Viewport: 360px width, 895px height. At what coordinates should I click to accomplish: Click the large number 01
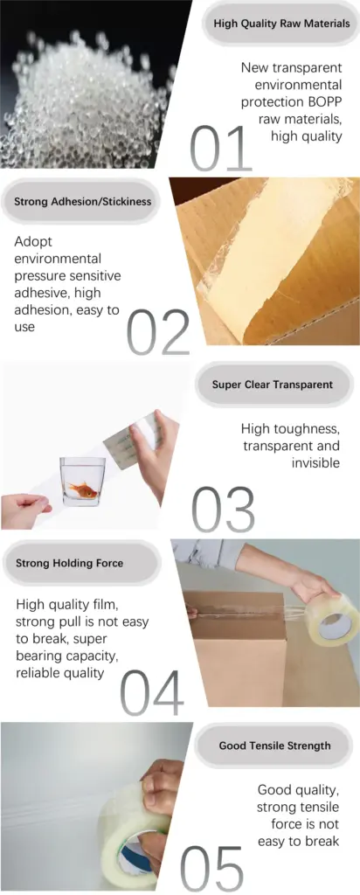point(221,149)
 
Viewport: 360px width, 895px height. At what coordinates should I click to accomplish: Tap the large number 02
point(158,333)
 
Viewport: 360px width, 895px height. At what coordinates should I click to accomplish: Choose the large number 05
point(212,869)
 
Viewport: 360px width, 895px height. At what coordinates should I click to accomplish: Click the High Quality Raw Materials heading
point(281,24)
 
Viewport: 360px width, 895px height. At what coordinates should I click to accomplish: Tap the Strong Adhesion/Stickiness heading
point(82,201)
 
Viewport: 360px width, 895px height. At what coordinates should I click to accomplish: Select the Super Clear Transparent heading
point(272,384)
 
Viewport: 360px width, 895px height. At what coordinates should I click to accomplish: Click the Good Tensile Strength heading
point(274,746)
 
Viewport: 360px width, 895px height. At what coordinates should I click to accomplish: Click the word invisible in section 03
point(315,462)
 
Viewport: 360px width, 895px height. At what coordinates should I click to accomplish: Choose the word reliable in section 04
point(39,673)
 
